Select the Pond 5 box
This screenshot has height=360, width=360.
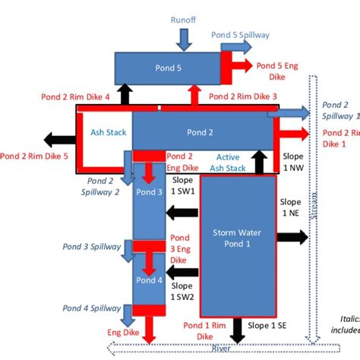click(167, 68)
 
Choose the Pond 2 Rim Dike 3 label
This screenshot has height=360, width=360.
click(243, 97)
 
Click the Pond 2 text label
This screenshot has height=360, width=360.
click(201, 132)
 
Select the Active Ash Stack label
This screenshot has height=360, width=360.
click(223, 162)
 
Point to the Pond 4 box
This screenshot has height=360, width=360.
click(149, 279)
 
